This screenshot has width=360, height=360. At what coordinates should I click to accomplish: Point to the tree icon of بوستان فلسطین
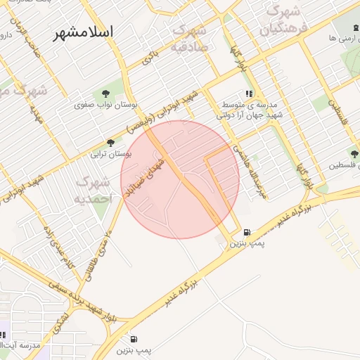(354, 155)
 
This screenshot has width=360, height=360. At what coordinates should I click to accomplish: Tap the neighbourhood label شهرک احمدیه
(94, 190)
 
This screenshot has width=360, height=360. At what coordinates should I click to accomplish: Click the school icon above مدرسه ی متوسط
(249, 94)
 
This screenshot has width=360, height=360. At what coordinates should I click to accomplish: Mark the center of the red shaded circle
(180, 179)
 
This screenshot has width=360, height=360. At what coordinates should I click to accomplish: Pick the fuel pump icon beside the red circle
(246, 232)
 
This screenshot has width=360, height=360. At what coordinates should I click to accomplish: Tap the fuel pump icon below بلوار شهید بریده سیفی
(134, 339)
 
